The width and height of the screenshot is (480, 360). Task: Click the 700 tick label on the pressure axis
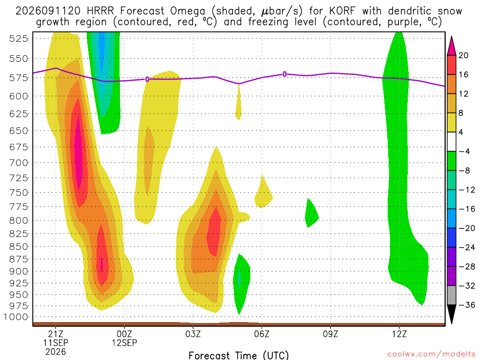19,163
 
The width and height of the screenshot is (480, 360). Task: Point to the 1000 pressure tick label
16,317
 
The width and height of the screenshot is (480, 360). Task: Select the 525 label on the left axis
19,38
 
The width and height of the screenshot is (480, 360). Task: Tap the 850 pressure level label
19,247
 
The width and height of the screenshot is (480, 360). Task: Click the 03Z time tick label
193,334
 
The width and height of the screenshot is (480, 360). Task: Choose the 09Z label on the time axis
330,334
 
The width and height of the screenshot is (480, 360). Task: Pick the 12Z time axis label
399,334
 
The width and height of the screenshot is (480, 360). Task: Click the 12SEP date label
124,343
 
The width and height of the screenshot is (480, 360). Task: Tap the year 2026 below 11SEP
55,352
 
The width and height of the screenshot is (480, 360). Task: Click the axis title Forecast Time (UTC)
239,355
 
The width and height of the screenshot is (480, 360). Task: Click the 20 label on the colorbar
464,55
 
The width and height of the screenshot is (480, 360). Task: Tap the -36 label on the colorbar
466,305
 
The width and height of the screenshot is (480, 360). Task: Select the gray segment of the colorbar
451,295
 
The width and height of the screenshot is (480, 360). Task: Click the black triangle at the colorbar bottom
451,312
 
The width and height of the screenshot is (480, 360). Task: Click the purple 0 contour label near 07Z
285,74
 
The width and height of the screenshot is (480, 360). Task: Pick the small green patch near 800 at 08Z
312,214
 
